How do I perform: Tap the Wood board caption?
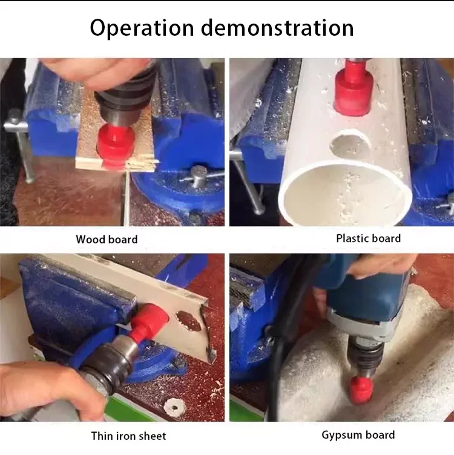(x=107, y=240)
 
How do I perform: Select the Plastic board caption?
(x=368, y=238)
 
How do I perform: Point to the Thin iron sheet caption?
(x=128, y=436)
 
